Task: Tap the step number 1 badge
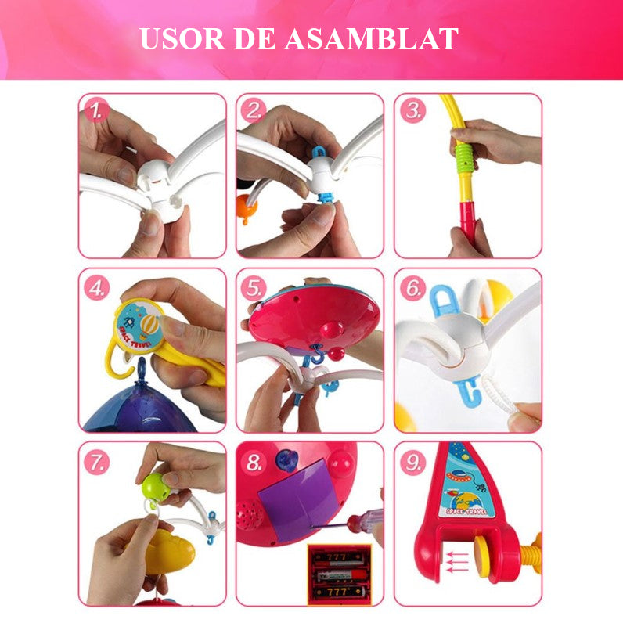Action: click(97, 112)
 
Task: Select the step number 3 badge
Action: click(413, 110)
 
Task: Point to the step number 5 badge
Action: click(255, 287)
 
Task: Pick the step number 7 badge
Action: click(98, 461)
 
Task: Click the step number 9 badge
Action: click(413, 462)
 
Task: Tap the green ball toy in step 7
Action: click(154, 485)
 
